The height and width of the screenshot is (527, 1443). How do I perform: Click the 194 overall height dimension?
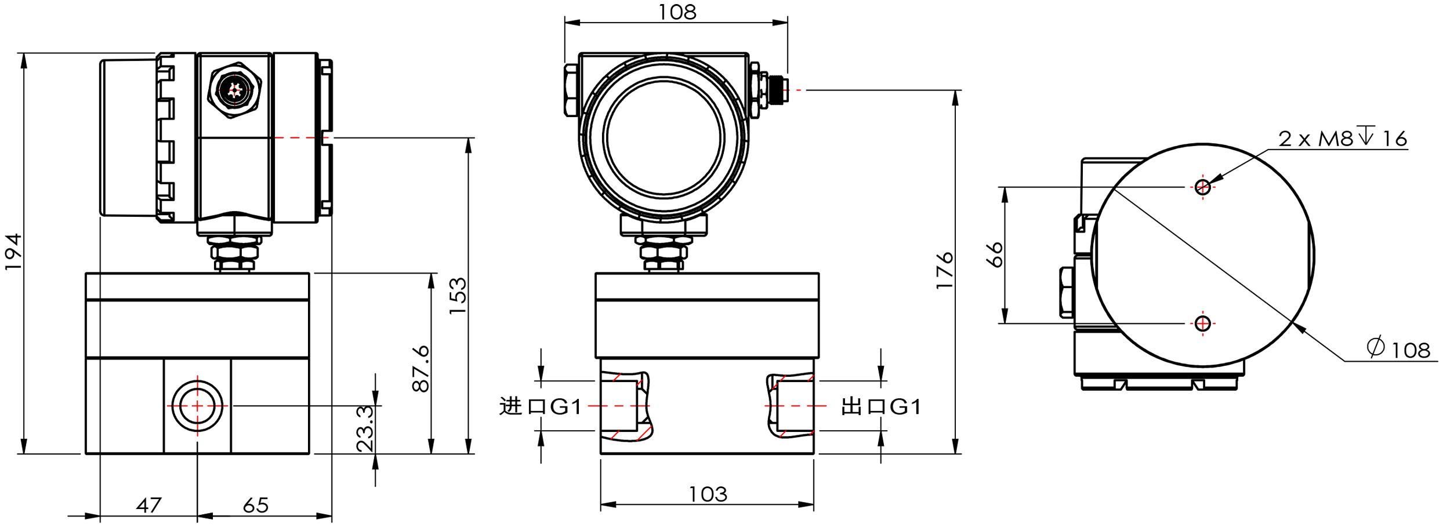13,252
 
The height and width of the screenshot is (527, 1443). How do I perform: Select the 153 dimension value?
458,296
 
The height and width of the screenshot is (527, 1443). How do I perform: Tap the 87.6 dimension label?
421,369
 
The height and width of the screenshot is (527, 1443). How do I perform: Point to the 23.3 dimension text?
365,429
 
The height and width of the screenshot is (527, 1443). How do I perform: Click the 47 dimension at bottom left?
148,506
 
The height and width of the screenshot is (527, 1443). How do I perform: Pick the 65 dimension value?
255,506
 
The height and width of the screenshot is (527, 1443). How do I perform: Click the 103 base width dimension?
708,495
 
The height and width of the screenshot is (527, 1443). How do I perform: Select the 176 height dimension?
945,270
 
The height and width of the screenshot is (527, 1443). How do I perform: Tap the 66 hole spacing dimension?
995,255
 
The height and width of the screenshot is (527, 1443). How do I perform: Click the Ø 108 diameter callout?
1399,349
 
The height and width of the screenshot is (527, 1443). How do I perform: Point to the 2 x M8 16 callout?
1343,139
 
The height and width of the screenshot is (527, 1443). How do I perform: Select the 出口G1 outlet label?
881,406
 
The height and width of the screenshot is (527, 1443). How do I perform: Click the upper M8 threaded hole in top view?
1202,187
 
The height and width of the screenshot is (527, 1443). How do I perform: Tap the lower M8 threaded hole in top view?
1202,324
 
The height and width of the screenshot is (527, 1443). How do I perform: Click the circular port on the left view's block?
197,406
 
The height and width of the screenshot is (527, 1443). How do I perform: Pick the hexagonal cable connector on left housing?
235,90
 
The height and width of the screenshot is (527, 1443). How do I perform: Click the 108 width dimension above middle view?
677,12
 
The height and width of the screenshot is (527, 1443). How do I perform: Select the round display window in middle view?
664,138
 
